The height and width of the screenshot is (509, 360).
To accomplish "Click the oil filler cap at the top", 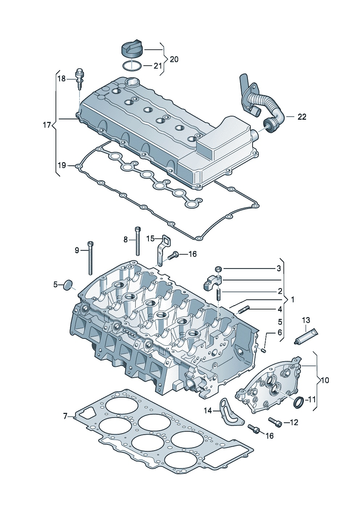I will [131, 49].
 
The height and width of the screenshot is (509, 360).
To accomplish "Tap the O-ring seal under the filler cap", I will [131, 66].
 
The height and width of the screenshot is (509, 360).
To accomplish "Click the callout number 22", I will [302, 117].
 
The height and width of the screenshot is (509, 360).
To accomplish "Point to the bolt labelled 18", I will [79, 79].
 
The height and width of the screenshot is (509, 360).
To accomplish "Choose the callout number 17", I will [47, 126].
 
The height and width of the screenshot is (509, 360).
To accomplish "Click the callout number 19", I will [61, 165].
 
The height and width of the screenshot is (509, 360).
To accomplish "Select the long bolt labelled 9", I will [90, 259].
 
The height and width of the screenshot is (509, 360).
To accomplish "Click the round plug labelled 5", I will [68, 285].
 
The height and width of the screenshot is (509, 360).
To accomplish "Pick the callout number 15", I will [151, 238].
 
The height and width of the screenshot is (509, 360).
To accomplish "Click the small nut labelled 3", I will [218, 269].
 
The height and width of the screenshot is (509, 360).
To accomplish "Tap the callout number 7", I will [65, 416].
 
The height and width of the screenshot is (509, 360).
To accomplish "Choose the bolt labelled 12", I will [275, 421].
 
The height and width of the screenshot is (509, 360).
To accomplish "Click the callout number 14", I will [208, 410].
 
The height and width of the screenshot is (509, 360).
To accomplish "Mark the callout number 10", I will [325, 380].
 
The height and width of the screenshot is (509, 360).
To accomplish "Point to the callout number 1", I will [292, 300].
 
